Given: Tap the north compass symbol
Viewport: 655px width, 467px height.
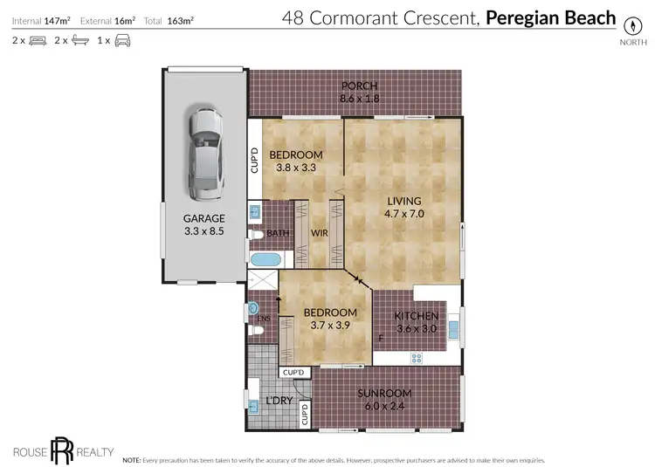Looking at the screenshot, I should [x=629, y=25].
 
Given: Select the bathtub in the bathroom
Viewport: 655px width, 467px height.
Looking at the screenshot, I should [x=264, y=260].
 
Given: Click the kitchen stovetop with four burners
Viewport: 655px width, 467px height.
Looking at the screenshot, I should [x=417, y=357].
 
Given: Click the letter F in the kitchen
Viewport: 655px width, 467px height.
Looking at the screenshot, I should [x=380, y=338].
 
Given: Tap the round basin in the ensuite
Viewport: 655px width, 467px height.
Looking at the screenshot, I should [x=253, y=308].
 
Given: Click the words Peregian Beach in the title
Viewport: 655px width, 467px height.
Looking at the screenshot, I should [x=550, y=17].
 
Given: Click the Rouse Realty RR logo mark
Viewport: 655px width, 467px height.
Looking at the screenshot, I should [x=60, y=450].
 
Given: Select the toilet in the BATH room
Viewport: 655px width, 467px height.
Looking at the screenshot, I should [x=257, y=234].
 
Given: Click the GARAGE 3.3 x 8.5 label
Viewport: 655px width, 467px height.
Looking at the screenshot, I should [x=203, y=224].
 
